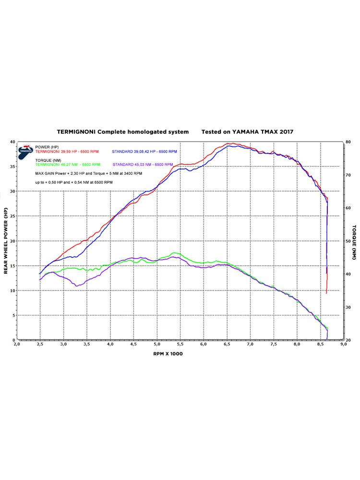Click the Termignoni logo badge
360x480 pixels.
[25, 151]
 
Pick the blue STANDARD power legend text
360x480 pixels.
[144, 152]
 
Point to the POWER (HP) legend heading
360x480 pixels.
[47, 147]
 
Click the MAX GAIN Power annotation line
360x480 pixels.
[89, 173]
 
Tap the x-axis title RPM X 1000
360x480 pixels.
[168, 353]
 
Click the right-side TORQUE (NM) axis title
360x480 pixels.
[354, 240]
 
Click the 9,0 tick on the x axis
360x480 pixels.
[343, 344]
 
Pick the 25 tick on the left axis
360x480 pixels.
[12, 216]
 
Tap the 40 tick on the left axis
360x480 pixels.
[12, 142]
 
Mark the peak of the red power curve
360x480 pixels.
[231, 143]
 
